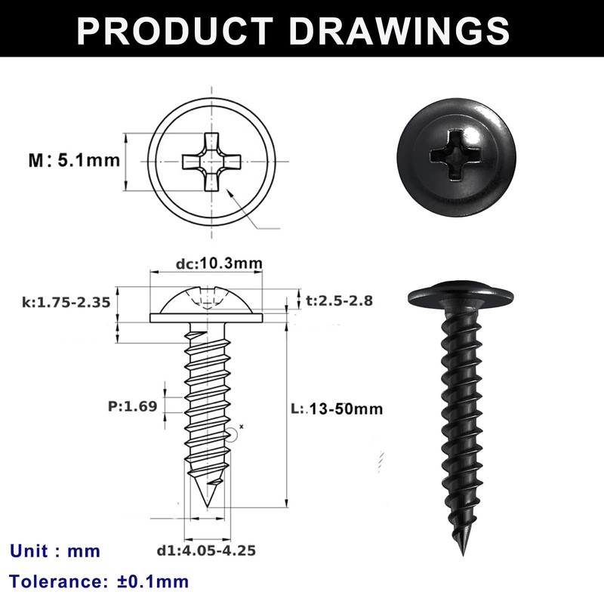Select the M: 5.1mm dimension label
(74, 160)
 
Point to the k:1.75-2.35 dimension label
(66, 302)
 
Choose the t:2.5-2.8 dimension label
(339, 300)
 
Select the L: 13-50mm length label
(337, 409)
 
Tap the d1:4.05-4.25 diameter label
(206, 550)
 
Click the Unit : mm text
(55, 550)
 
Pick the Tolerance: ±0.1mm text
(99, 581)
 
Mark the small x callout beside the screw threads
(241, 427)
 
